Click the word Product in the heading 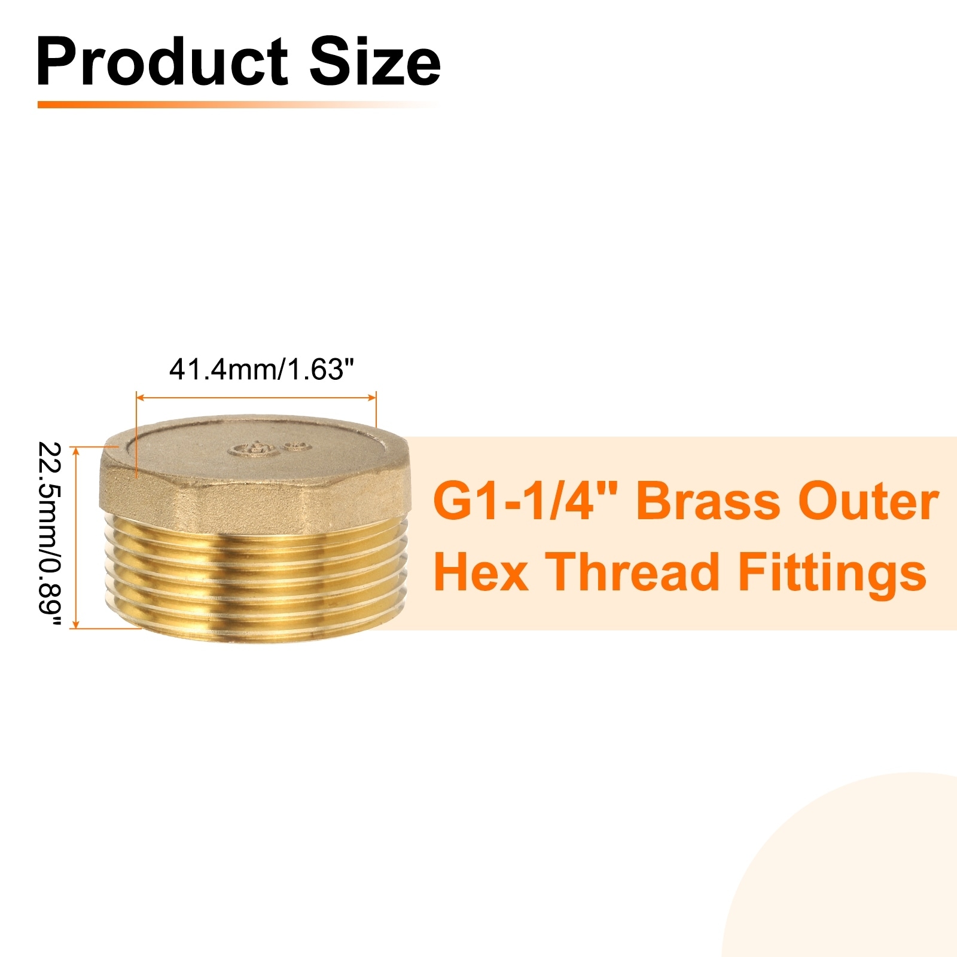(x=162, y=62)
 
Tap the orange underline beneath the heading (x=239, y=104)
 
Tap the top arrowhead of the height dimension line (x=75, y=450)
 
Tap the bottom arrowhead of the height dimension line (x=75, y=624)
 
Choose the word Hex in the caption (x=481, y=571)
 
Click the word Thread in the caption (x=632, y=571)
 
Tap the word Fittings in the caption (x=832, y=572)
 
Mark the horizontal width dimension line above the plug (x=256, y=397)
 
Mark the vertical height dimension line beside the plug (x=75, y=537)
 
